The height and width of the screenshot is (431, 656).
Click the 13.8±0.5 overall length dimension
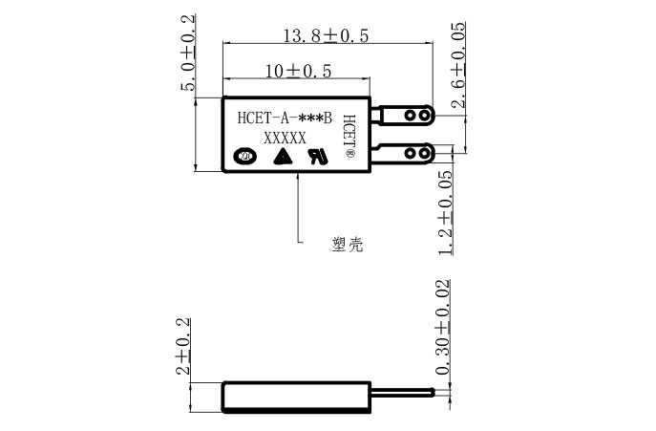tap(326, 36)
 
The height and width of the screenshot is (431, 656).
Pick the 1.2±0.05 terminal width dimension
tap(446, 213)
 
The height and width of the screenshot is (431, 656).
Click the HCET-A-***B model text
tap(285, 119)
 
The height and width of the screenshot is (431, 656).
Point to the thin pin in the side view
tap(401, 393)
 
